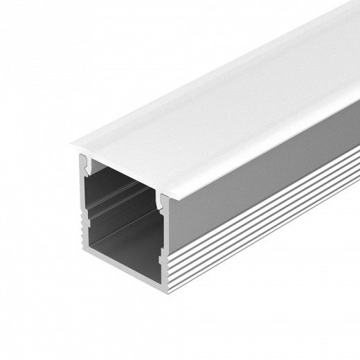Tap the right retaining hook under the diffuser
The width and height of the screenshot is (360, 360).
(163, 202)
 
